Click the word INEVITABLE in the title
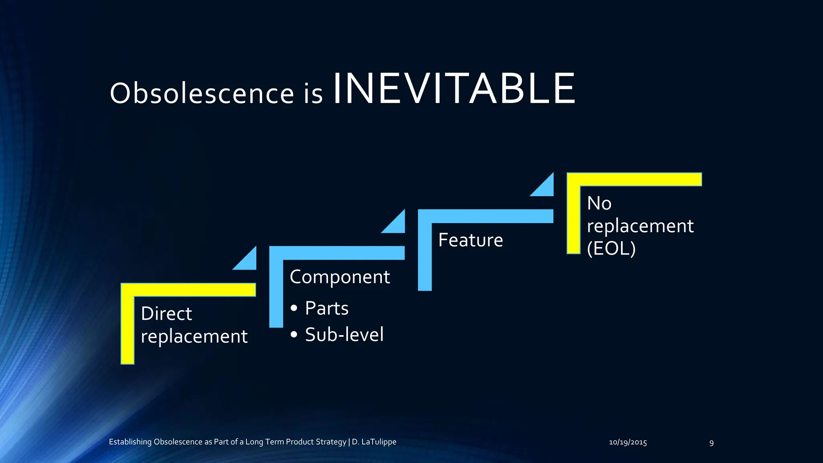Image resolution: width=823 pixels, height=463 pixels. point(454,89)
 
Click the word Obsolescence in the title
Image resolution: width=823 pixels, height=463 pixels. point(202,93)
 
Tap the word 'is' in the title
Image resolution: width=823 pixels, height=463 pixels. point(313,93)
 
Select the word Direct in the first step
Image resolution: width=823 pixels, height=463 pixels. point(166,313)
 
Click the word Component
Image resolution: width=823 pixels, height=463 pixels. point(340,277)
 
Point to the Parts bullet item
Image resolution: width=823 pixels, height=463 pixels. point(326,308)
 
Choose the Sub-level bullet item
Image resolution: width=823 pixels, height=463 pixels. point(344,334)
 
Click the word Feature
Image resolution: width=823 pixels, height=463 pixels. point(470,240)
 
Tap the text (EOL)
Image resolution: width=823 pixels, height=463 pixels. point(611,248)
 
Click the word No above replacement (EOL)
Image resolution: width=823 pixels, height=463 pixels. point(599,203)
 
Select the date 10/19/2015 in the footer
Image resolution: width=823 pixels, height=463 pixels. point(628,443)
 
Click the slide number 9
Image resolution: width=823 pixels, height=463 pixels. point(711,443)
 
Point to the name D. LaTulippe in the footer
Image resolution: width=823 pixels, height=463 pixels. point(374,442)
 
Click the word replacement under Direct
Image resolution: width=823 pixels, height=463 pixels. point(194,336)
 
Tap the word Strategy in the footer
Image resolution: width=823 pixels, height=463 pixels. point(331,442)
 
